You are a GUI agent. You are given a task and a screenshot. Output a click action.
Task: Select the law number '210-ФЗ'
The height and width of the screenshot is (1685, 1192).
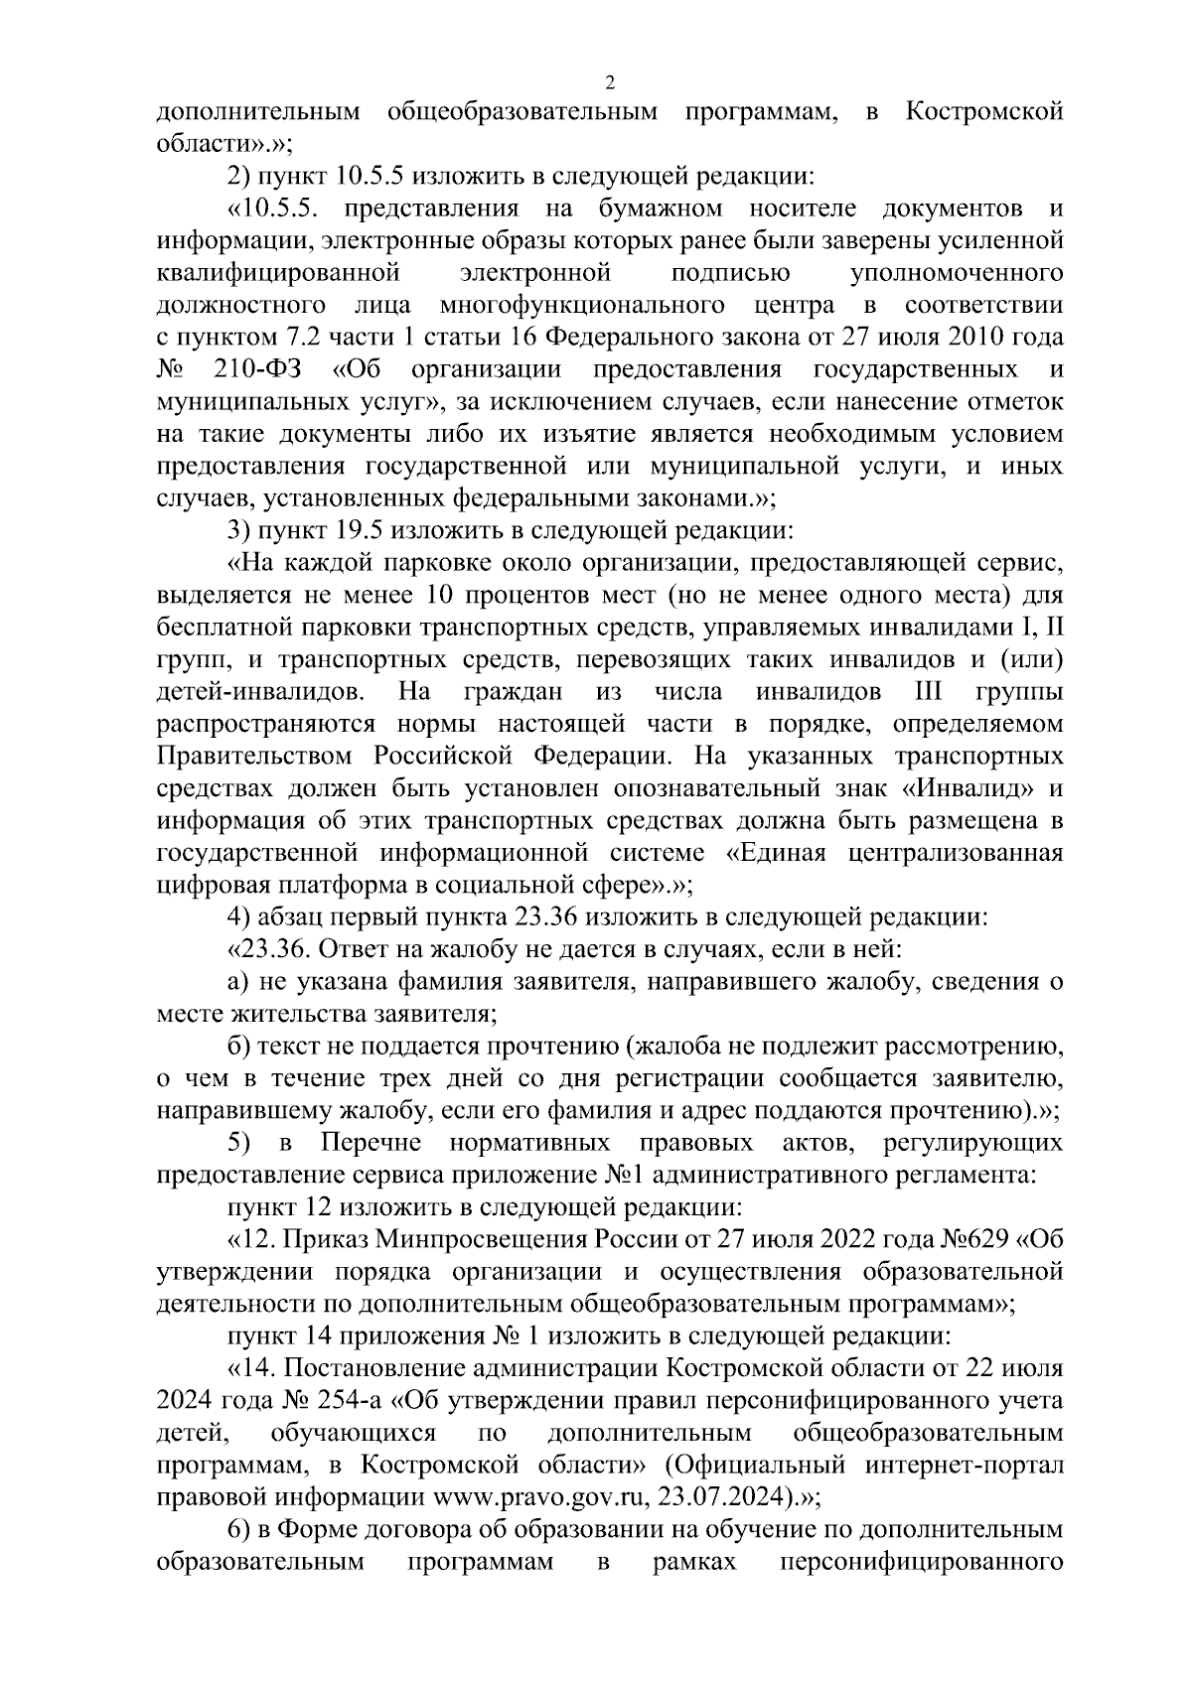coord(258,370)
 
